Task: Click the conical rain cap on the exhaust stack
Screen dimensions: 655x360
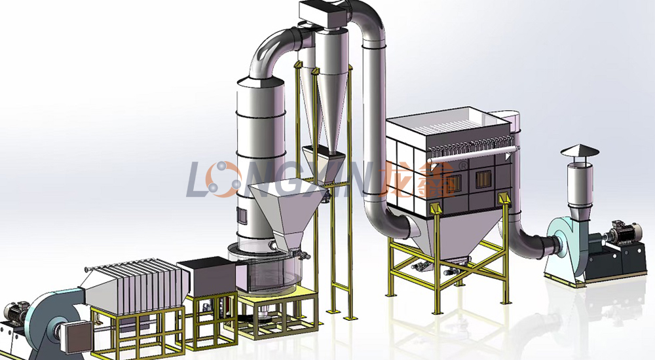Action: tap(580, 151)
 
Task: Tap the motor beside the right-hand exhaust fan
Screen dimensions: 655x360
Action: tap(624, 232)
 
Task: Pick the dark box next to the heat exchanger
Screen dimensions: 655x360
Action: tap(206, 277)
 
